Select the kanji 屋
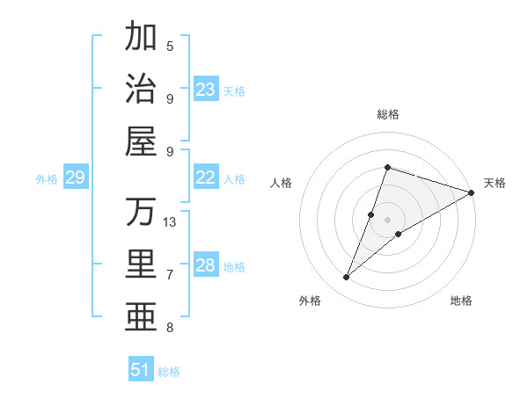click(141, 141)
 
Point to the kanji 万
click(141, 212)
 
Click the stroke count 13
click(170, 222)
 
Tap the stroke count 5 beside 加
click(170, 46)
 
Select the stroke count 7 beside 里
click(170, 275)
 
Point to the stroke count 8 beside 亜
click(170, 328)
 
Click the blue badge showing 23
click(206, 90)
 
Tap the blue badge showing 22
click(206, 178)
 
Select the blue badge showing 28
click(206, 265)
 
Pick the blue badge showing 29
click(75, 178)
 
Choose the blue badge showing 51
click(141, 370)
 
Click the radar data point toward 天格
click(472, 193)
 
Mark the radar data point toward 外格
click(347, 278)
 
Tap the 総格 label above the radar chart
click(388, 114)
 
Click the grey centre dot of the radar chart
click(388, 220)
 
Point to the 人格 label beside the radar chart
click(282, 183)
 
